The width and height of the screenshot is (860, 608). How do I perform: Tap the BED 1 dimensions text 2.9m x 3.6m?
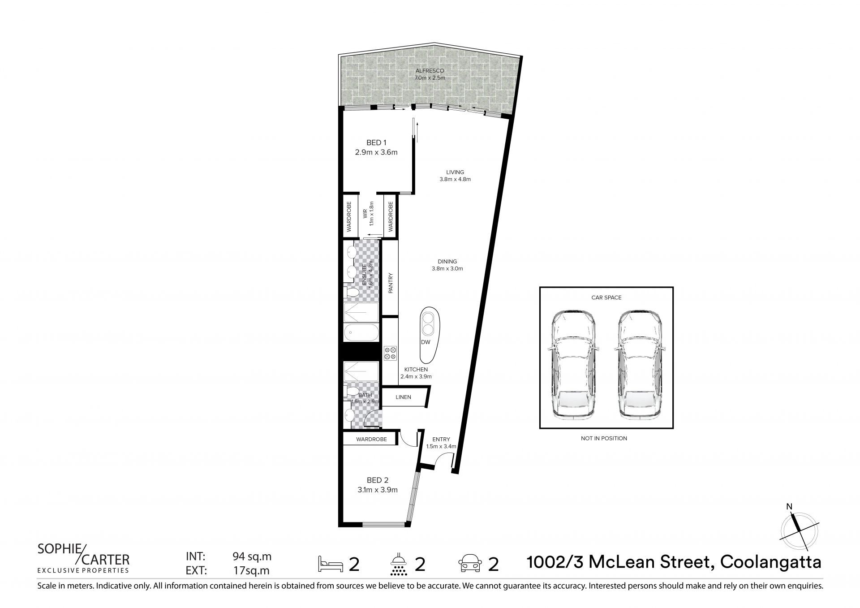coord(376,152)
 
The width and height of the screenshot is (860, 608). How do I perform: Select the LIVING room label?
coord(455,172)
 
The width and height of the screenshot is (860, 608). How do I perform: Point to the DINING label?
coord(447,262)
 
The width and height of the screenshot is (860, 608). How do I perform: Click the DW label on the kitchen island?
coord(426,342)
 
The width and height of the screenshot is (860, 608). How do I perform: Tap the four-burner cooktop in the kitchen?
coord(390,353)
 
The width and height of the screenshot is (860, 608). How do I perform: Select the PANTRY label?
coord(390,283)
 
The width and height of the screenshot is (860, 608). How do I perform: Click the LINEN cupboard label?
coord(403,397)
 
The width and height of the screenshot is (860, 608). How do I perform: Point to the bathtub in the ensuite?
coord(361,334)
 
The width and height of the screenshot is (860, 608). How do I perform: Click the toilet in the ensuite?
coord(352,293)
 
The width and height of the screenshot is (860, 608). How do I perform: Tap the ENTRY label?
coord(441,440)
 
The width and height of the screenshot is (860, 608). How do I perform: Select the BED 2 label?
coord(377,480)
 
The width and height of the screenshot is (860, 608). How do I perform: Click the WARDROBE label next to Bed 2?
coord(371,440)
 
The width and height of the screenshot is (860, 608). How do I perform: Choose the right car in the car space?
coord(639,365)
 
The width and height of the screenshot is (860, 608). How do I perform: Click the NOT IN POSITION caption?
coord(604,438)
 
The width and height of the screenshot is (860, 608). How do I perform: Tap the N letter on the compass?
coord(789,507)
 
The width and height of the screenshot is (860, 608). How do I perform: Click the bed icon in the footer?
coord(330,564)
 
